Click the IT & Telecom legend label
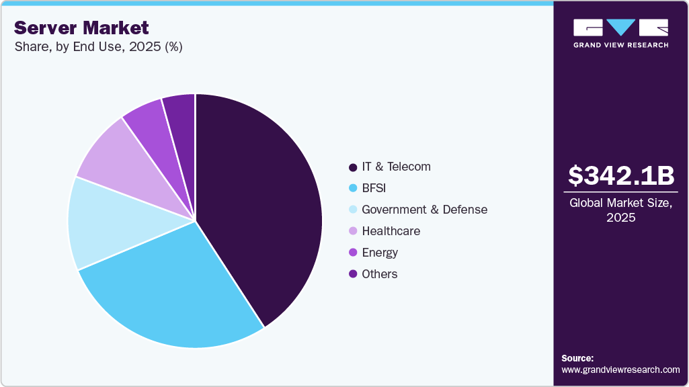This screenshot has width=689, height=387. pos(396,167)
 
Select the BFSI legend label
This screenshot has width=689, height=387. pos(374,188)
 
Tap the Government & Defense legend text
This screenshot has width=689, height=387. pos(424,210)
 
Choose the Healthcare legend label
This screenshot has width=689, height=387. pos(391,231)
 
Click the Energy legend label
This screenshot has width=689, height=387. pos(380,253)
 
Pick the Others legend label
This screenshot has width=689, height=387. pos(379,274)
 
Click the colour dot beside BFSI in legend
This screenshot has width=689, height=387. pos(353,188)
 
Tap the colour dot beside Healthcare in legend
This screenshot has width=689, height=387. pos(353,231)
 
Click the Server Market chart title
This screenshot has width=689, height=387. pos(81,28)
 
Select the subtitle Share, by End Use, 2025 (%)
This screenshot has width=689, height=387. pos(98,47)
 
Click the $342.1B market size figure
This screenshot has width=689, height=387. pos(620,175)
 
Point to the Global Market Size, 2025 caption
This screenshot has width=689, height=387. pos(620,210)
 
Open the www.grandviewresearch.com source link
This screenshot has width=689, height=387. pos(620,370)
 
